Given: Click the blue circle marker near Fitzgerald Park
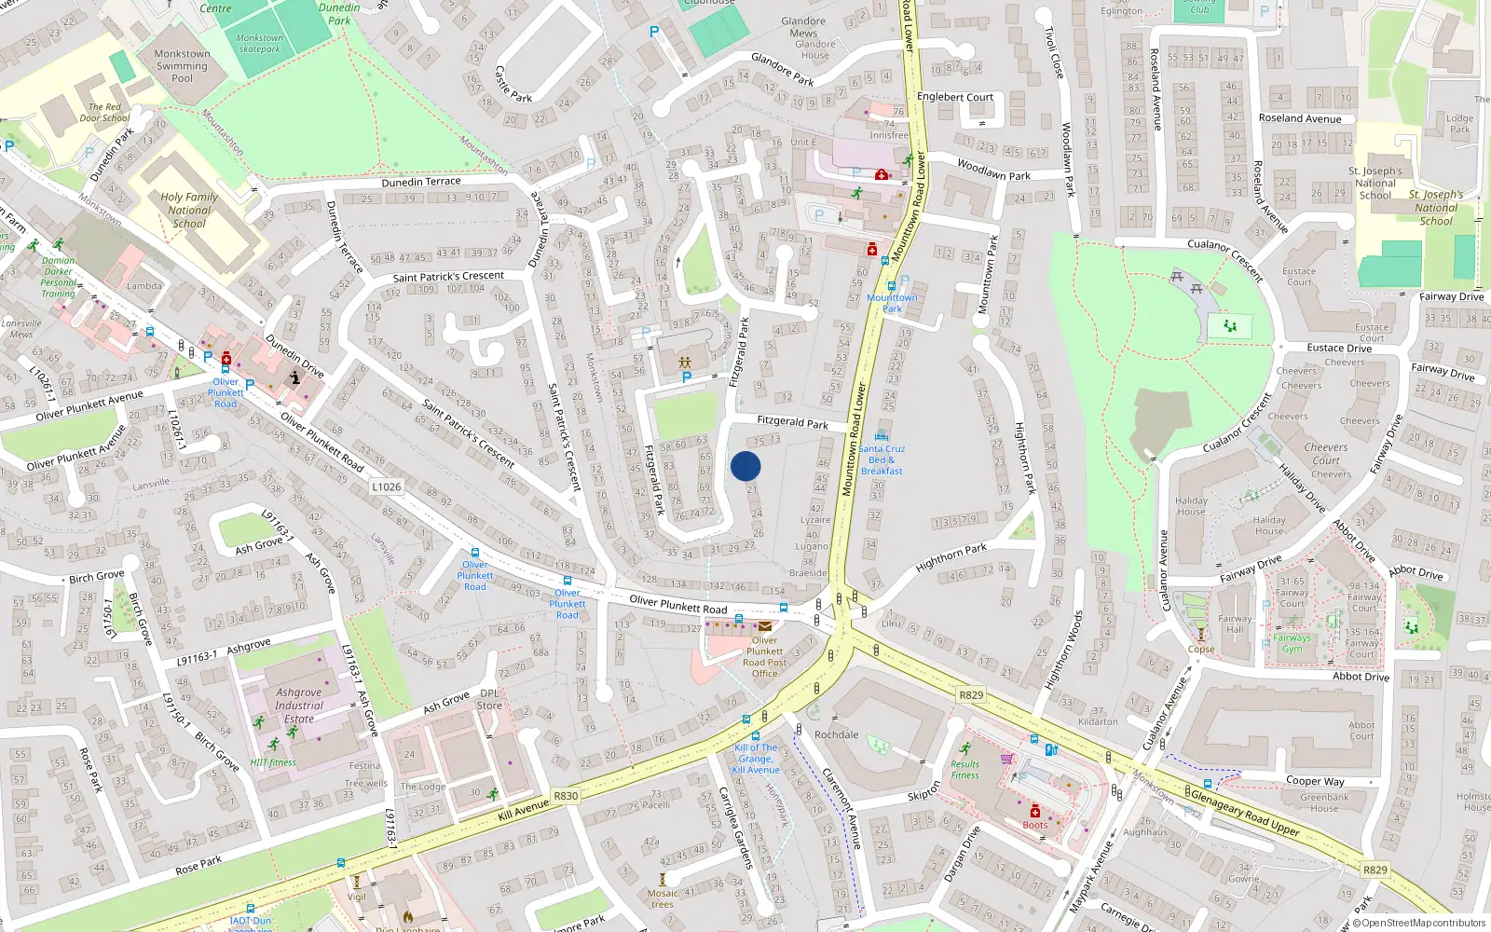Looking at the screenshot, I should pyautogui.click(x=745, y=466).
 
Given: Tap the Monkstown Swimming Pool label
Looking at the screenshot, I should pyautogui.click(x=182, y=66).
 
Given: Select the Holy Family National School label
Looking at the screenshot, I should pyautogui.click(x=189, y=210).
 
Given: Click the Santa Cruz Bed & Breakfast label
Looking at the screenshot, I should pyautogui.click(x=881, y=459).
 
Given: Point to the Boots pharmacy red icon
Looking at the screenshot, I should pyautogui.click(x=1034, y=811).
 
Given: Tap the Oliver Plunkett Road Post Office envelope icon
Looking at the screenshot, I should pyautogui.click(x=765, y=626).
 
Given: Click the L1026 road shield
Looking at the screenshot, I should pyautogui.click(x=386, y=487).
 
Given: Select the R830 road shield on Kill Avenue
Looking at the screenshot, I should pyautogui.click(x=566, y=796).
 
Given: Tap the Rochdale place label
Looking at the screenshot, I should pyautogui.click(x=836, y=734).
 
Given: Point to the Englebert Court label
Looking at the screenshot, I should pyautogui.click(x=955, y=97).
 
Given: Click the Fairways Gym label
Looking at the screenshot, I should pyautogui.click(x=1292, y=643).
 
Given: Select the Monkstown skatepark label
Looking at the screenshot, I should pyautogui.click(x=259, y=44).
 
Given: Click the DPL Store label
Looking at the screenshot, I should pyautogui.click(x=489, y=699).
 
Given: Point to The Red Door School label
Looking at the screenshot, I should pyautogui.click(x=104, y=113).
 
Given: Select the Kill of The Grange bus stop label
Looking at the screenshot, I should pyautogui.click(x=756, y=759).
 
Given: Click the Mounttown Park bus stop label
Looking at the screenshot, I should pyautogui.click(x=892, y=303).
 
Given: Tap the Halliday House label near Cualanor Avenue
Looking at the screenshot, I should pyautogui.click(x=1191, y=506).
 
